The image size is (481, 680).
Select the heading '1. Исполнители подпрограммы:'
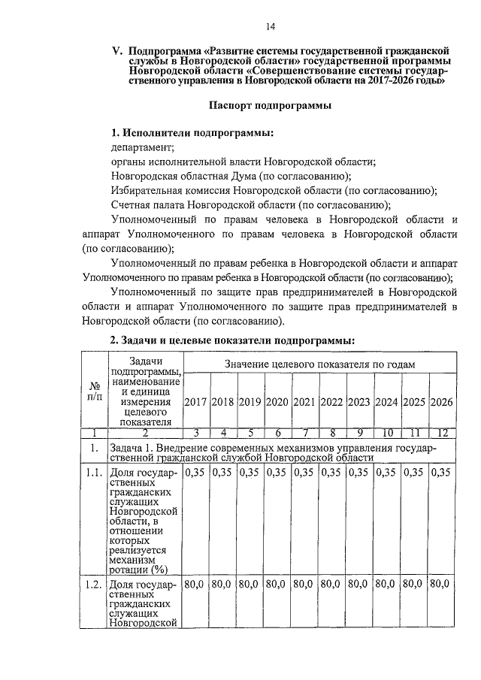point(192,133)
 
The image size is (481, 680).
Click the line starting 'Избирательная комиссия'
point(274,190)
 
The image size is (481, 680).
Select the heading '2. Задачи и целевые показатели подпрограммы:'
point(232,340)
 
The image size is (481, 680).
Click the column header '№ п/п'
point(95,390)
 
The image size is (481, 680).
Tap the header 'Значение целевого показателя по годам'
point(319,364)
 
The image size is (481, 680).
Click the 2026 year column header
point(442,401)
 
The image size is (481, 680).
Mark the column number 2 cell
point(144,432)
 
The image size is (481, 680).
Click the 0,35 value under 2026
point(442,473)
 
